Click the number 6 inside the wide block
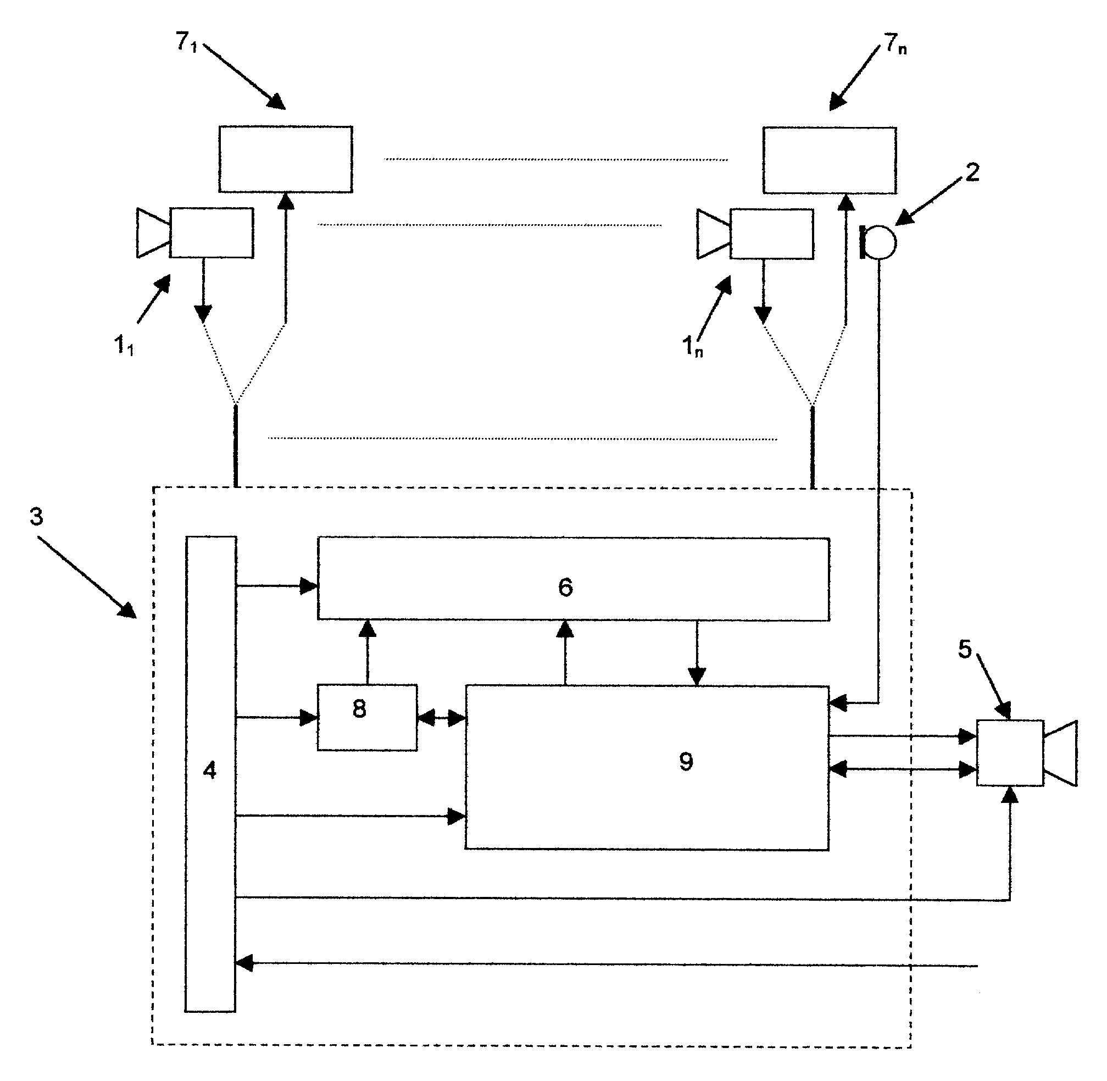pyautogui.click(x=565, y=587)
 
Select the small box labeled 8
pyautogui.click(x=367, y=718)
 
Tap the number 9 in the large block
pyautogui.click(x=686, y=761)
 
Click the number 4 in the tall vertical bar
pyautogui.click(x=209, y=770)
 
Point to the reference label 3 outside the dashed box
pyautogui.click(x=36, y=517)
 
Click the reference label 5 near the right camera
pyautogui.click(x=965, y=649)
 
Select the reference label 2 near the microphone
pyautogui.click(x=972, y=173)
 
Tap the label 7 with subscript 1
pyautogui.click(x=186, y=42)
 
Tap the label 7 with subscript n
pyautogui.click(x=895, y=44)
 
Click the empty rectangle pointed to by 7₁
pyautogui.click(x=286, y=159)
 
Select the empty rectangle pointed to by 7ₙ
pyautogui.click(x=830, y=160)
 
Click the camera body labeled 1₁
pyautogui.click(x=211, y=233)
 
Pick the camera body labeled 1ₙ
pyautogui.click(x=771, y=234)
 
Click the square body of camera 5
pyautogui.click(x=1009, y=753)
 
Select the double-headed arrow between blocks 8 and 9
pyautogui.click(x=441, y=718)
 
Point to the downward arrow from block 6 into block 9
pyautogui.click(x=697, y=653)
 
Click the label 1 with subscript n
pyautogui.click(x=692, y=346)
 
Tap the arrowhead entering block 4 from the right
pyautogui.click(x=244, y=963)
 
